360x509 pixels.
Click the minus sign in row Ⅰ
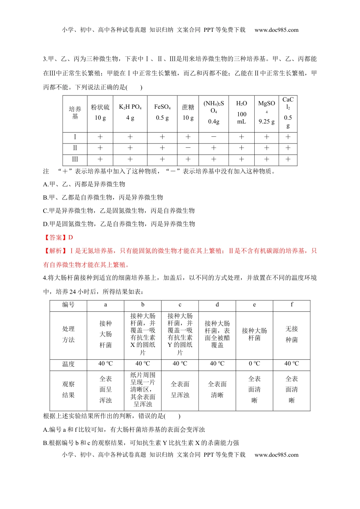pyautogui.click(x=214, y=137)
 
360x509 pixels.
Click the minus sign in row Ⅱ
pyautogui.click(x=188, y=148)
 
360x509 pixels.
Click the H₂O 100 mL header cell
pyautogui.click(x=241, y=112)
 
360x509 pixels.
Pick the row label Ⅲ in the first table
pyautogui.click(x=75, y=159)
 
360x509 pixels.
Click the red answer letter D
pyautogui.click(x=70, y=237)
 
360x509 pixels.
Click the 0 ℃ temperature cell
pyautogui.click(x=254, y=364)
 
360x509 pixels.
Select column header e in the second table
pyautogui.click(x=254, y=305)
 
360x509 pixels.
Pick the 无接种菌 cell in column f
pyautogui.click(x=291, y=334)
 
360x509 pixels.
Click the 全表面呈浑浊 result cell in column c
pyautogui.click(x=180, y=389)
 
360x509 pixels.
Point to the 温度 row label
pyautogui.click(x=68, y=364)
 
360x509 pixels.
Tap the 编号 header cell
pyautogui.click(x=68, y=305)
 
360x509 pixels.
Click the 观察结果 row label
pyautogui.click(x=68, y=389)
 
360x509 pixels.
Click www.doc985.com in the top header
pyautogui.click(x=276, y=30)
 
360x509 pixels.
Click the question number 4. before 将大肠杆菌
pyautogui.click(x=45, y=278)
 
